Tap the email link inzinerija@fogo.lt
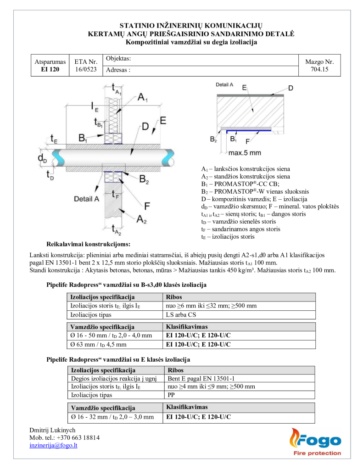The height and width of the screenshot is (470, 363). [x=53, y=445]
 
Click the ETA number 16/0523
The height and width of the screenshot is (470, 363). [x=86, y=70]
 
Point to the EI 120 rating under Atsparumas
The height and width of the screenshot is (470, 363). [x=50, y=70]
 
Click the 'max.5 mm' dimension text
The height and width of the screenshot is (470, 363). [x=245, y=152]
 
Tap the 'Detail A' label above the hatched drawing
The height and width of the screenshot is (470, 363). [x=224, y=85]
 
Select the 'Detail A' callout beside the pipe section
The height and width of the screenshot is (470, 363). [x=86, y=199]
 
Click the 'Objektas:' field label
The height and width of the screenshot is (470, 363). [x=118, y=58]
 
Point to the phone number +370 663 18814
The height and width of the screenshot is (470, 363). [x=64, y=437]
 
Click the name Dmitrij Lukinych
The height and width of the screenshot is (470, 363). [x=52, y=430]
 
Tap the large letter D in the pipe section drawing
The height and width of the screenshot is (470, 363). [x=145, y=126]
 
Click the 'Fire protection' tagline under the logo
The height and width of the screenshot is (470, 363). [x=317, y=453]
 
